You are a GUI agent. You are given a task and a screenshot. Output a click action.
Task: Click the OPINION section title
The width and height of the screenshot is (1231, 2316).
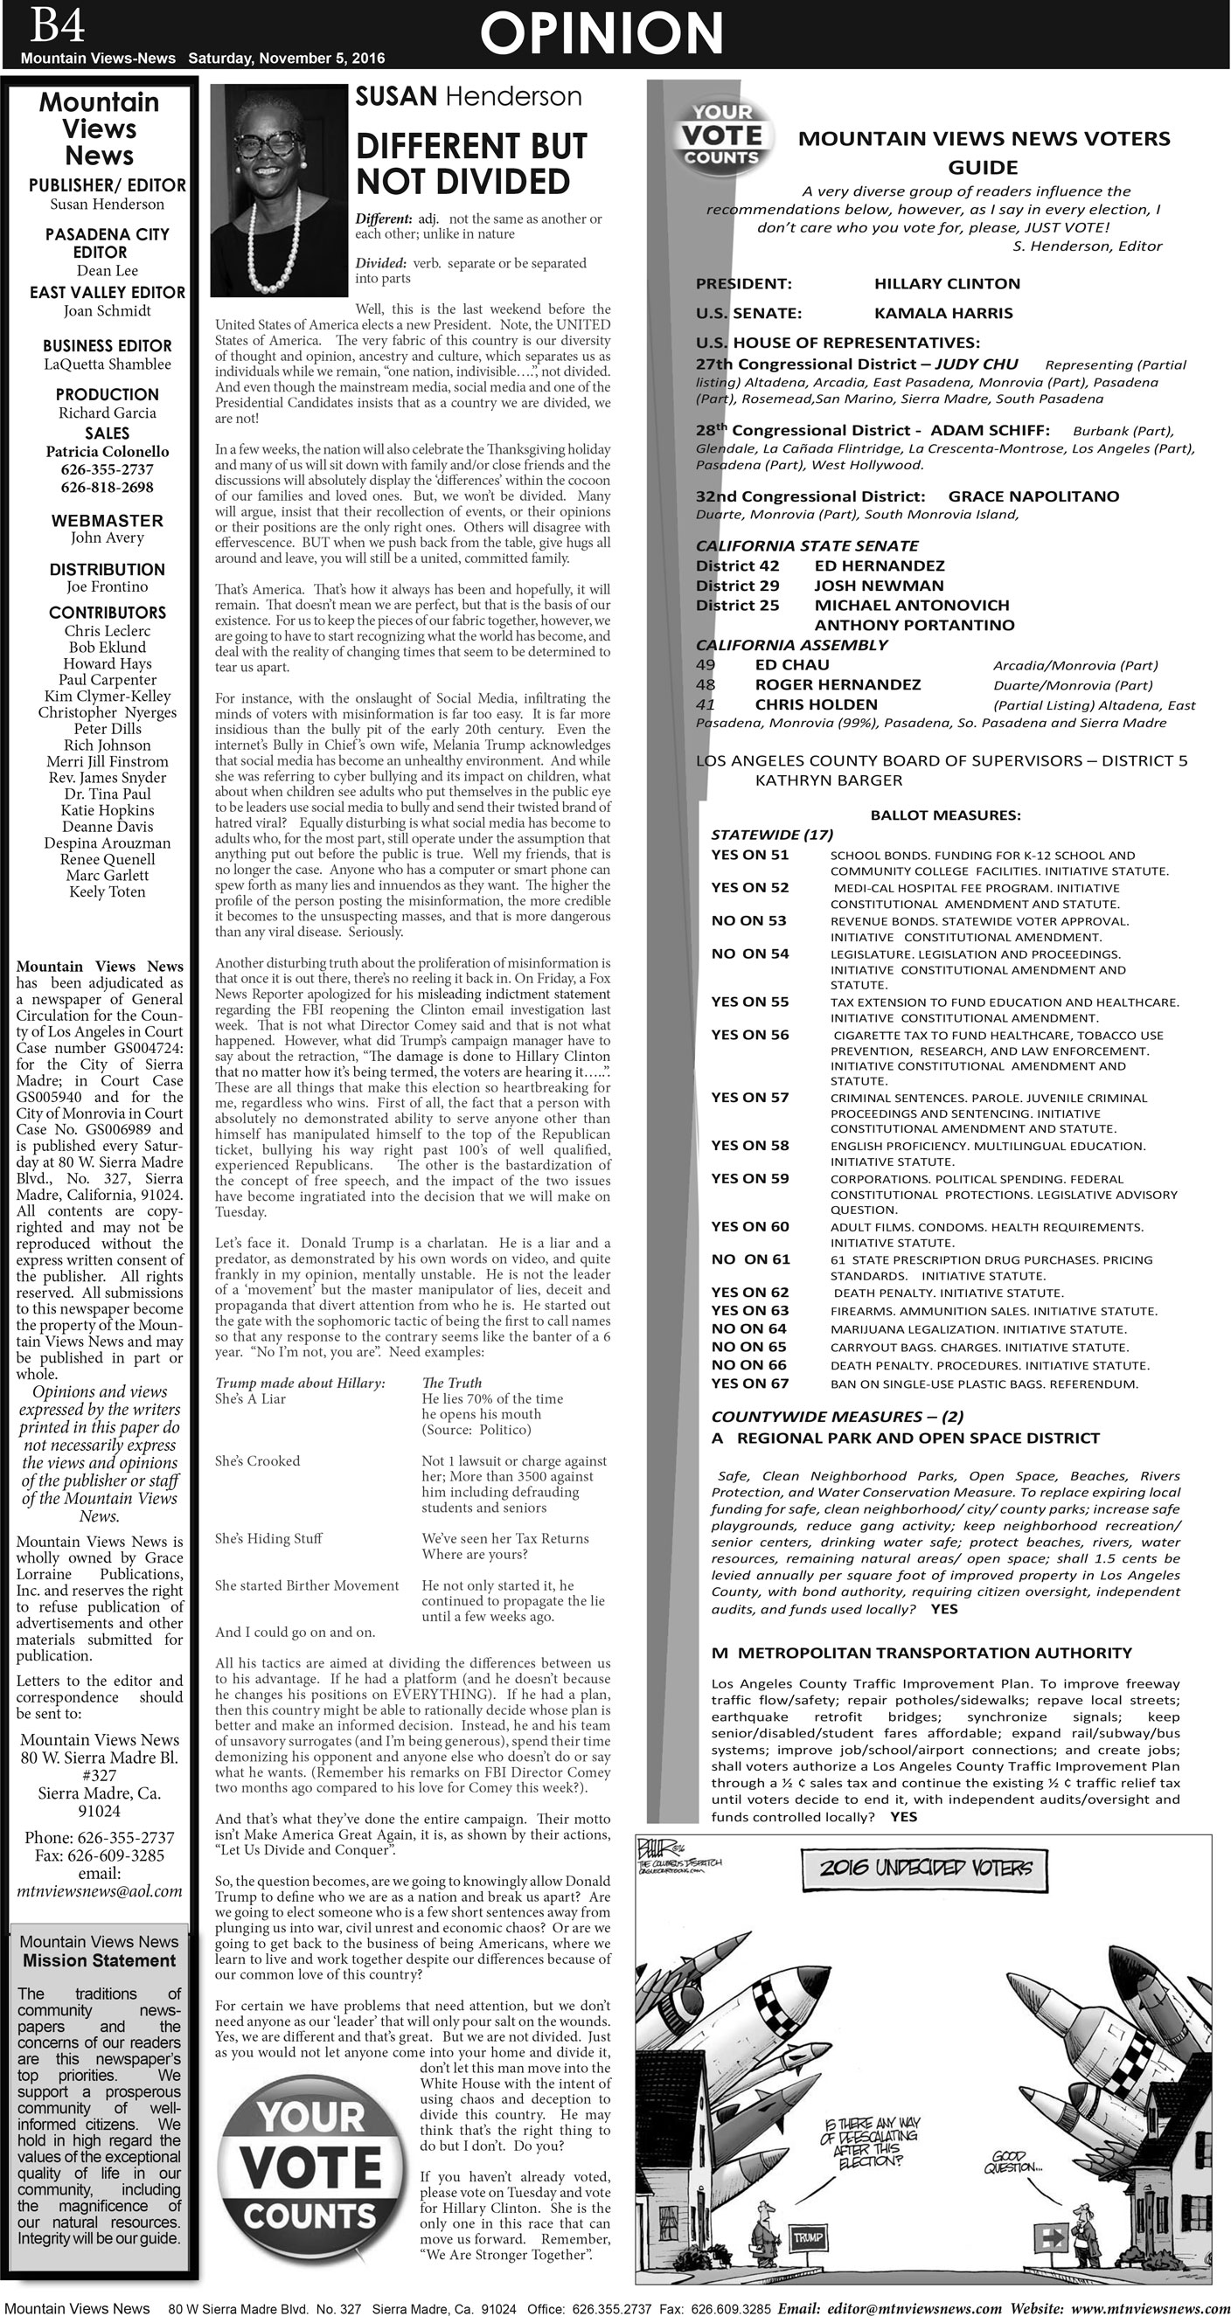[601, 33]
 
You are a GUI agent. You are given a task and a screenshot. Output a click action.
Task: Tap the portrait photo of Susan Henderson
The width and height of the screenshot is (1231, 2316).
[279, 189]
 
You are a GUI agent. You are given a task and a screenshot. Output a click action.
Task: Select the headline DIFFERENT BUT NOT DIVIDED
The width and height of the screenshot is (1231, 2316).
[471, 163]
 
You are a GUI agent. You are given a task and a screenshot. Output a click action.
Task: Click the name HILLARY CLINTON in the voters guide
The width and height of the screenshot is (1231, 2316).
[947, 284]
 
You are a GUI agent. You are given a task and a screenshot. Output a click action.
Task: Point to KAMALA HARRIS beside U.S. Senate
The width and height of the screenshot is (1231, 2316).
[943, 314]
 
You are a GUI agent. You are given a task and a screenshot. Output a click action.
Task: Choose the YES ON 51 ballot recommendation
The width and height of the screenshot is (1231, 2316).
[749, 855]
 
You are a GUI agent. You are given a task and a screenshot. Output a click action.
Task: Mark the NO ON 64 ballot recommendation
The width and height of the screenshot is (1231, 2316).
[748, 1328]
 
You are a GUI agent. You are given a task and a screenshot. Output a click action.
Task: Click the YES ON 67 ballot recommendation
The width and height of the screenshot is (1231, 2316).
[749, 1383]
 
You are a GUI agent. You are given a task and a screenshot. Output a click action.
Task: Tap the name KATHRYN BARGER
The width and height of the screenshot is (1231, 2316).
[828, 780]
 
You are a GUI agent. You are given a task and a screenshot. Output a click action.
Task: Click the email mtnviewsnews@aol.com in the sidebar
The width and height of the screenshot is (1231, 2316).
[99, 1891]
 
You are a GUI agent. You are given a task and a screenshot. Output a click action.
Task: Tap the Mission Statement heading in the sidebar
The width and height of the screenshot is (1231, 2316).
[99, 1961]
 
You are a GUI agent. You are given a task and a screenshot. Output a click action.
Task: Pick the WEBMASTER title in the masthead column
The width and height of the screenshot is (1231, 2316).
[107, 521]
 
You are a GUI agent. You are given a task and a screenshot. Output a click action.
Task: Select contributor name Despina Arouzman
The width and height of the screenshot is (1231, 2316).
[107, 843]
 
